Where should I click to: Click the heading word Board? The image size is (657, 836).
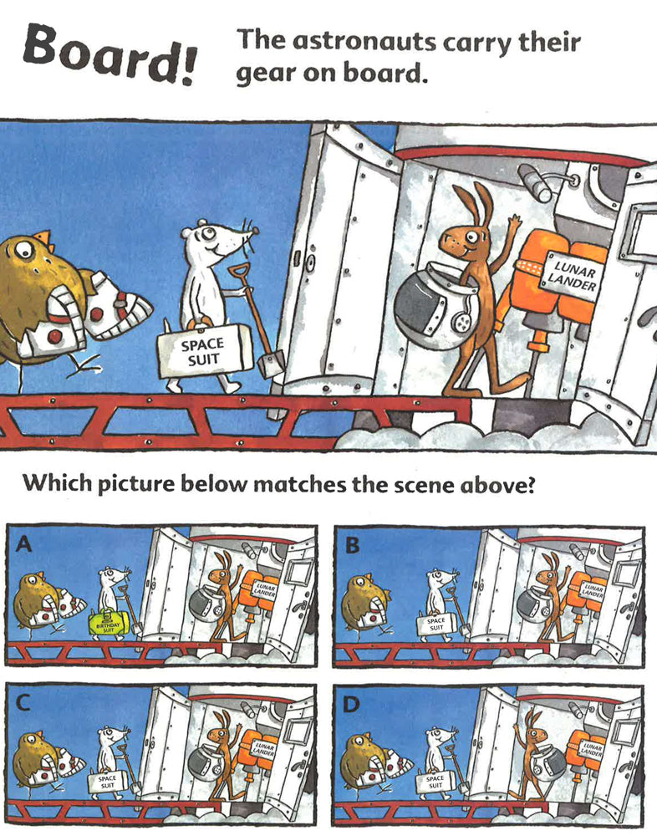coord(109,54)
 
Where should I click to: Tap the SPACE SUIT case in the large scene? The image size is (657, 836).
coord(205,351)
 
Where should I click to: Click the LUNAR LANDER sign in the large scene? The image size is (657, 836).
coord(571,274)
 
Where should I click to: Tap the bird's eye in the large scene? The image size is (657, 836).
coord(23,249)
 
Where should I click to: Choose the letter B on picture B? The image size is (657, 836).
coord(353,545)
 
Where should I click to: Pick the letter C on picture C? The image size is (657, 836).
coord(23,703)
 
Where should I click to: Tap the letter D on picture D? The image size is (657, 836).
coord(351,705)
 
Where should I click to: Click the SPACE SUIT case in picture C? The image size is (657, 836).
coord(107,782)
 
